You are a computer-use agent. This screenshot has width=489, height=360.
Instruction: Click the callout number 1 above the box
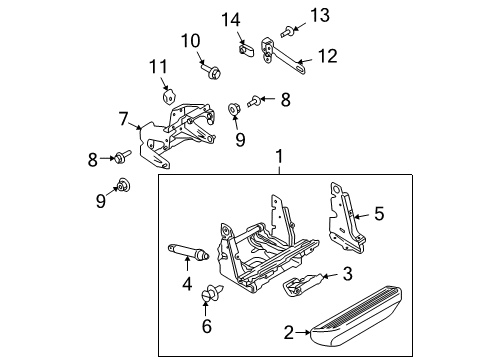279,156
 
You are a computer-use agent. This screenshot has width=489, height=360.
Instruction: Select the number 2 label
289,332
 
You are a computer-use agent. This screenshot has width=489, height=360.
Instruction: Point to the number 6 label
207,325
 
